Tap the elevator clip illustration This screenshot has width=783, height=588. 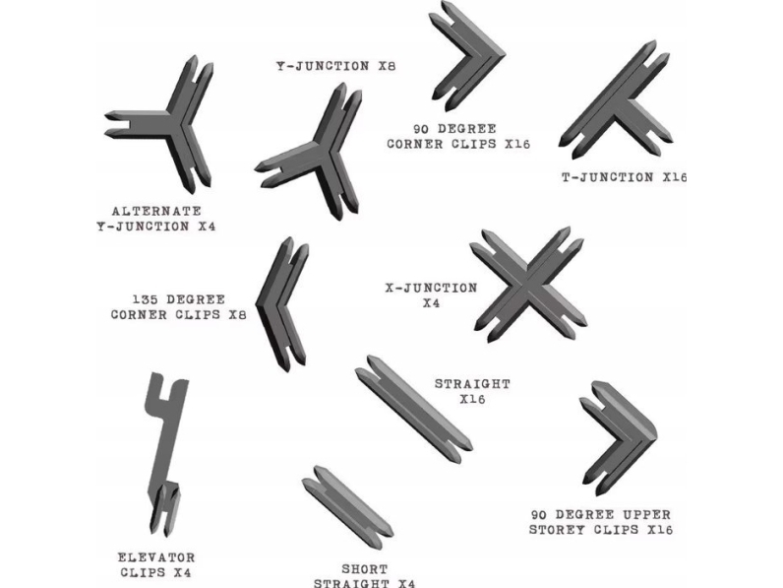(164, 453)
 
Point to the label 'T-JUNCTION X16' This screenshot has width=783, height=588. (623, 177)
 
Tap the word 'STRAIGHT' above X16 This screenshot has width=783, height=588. (472, 383)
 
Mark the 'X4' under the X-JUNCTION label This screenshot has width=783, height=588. (430, 303)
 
